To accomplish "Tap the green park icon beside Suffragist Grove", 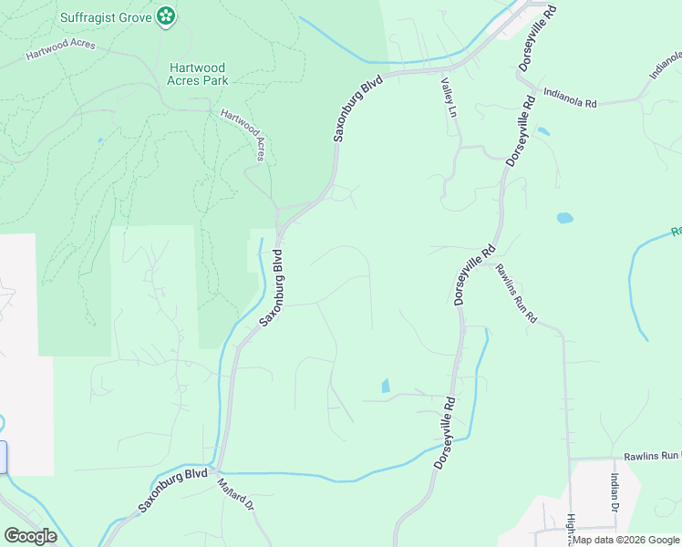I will point(165,15).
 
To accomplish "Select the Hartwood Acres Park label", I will point(197,74).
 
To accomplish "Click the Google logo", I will point(30,536).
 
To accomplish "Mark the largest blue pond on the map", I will point(565,219).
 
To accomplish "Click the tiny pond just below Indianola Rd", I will point(543,131).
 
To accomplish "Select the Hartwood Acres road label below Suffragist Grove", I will point(59,55).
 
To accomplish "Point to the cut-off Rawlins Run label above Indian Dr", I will point(653,455).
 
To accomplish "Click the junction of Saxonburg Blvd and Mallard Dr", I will point(215,469).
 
